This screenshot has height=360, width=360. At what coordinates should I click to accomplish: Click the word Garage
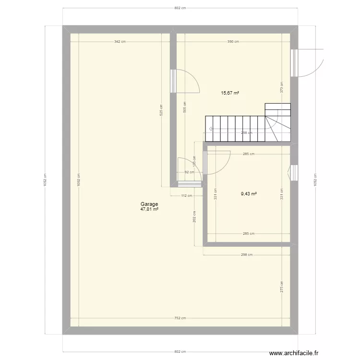click(149, 204)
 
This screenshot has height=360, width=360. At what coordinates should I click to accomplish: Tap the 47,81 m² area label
click(149, 209)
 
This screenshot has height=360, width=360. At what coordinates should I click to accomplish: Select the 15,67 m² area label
click(230, 93)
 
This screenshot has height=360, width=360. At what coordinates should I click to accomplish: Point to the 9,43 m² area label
click(249, 194)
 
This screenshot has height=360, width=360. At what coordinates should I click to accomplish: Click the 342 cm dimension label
click(120, 42)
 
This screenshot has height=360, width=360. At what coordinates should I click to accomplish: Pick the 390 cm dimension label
click(233, 42)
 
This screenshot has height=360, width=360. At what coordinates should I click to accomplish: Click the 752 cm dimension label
click(180, 318)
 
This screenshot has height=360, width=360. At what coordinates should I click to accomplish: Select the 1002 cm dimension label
click(78, 180)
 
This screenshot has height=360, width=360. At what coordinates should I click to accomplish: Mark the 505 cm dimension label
click(185, 107)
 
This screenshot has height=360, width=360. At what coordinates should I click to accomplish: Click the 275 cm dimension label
click(282, 287)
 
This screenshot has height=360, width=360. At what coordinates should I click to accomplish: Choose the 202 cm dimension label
click(194, 217)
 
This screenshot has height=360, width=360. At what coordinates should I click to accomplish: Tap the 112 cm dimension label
click(187, 195)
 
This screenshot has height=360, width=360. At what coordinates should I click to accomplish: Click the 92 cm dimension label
click(189, 172)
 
